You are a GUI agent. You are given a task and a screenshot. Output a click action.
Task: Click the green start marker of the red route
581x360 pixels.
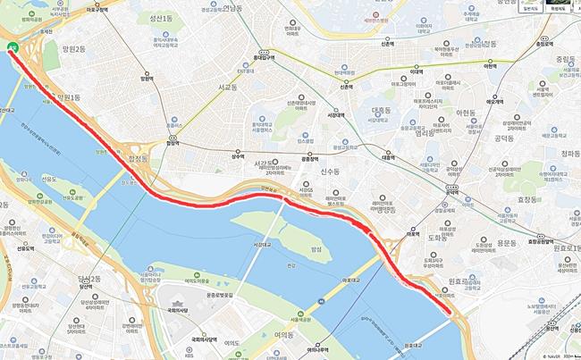[12, 48]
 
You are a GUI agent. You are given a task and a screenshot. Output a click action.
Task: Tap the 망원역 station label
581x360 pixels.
[147, 79]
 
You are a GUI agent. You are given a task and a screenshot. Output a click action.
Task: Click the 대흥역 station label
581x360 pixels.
[387, 157]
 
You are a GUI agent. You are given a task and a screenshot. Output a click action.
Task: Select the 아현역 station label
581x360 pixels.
[488, 65]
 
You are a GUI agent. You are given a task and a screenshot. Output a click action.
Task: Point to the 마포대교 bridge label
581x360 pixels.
[352, 280]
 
